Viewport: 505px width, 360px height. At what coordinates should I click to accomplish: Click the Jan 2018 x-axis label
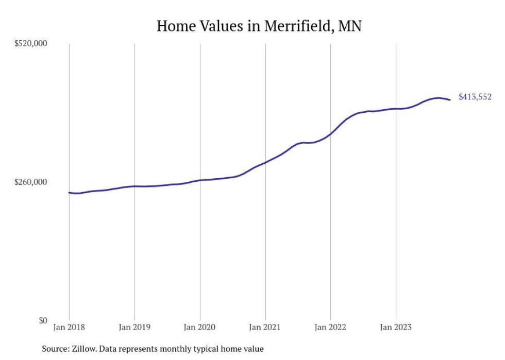tap(69, 327)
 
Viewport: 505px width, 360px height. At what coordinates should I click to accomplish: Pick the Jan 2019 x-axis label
tap(134, 327)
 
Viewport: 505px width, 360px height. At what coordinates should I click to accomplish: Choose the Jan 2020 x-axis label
tap(200, 327)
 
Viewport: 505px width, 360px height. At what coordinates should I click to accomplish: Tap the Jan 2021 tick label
tap(265, 327)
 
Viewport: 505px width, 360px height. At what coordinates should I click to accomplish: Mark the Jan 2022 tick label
tap(330, 327)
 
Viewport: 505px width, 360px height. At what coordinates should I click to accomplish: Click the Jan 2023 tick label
tap(396, 327)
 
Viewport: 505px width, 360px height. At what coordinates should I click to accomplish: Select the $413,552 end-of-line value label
tap(475, 97)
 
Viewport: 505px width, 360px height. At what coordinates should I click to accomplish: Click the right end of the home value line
tap(450, 100)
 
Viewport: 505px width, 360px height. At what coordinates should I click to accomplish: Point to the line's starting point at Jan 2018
tap(69, 193)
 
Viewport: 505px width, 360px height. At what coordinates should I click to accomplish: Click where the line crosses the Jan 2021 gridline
tap(265, 162)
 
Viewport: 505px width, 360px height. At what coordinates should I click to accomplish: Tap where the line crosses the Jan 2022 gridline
tap(330, 133)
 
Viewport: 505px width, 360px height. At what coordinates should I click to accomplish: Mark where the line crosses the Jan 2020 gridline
tap(200, 180)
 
